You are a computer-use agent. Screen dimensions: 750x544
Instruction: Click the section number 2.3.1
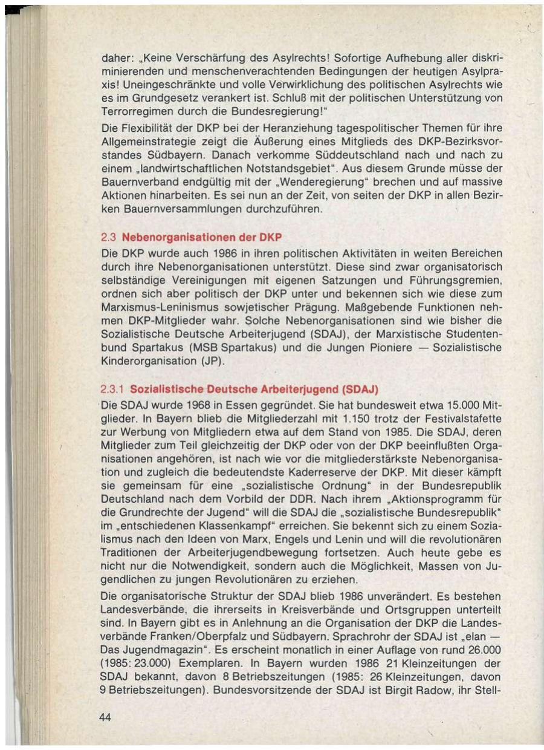coord(112,388)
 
